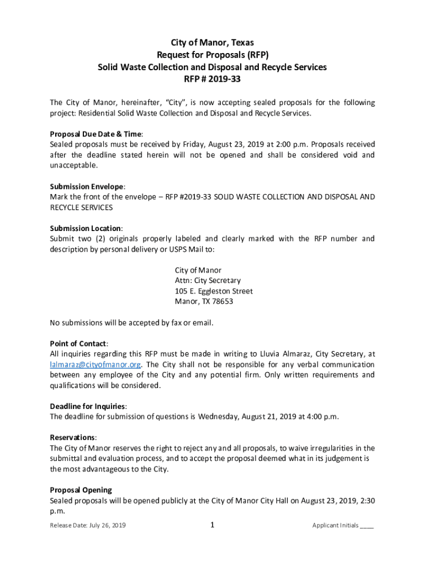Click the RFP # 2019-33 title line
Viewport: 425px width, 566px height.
[212, 80]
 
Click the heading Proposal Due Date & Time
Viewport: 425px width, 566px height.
[96, 134]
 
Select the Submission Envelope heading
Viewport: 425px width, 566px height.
[87, 186]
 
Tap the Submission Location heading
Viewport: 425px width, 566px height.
[86, 228]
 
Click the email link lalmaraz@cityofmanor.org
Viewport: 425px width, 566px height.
[95, 365]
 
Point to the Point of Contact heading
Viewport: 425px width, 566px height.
[78, 344]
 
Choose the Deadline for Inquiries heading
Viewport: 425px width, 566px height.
[88, 406]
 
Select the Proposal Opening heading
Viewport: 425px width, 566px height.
[81, 490]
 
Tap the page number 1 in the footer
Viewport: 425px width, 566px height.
[212, 525]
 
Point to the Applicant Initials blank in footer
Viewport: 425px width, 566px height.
[366, 526]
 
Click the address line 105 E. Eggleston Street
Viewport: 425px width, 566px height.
[214, 291]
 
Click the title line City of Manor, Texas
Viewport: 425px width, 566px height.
[212, 43]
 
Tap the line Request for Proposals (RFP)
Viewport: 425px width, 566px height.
[212, 55]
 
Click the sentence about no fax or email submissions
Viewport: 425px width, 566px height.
[131, 323]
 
